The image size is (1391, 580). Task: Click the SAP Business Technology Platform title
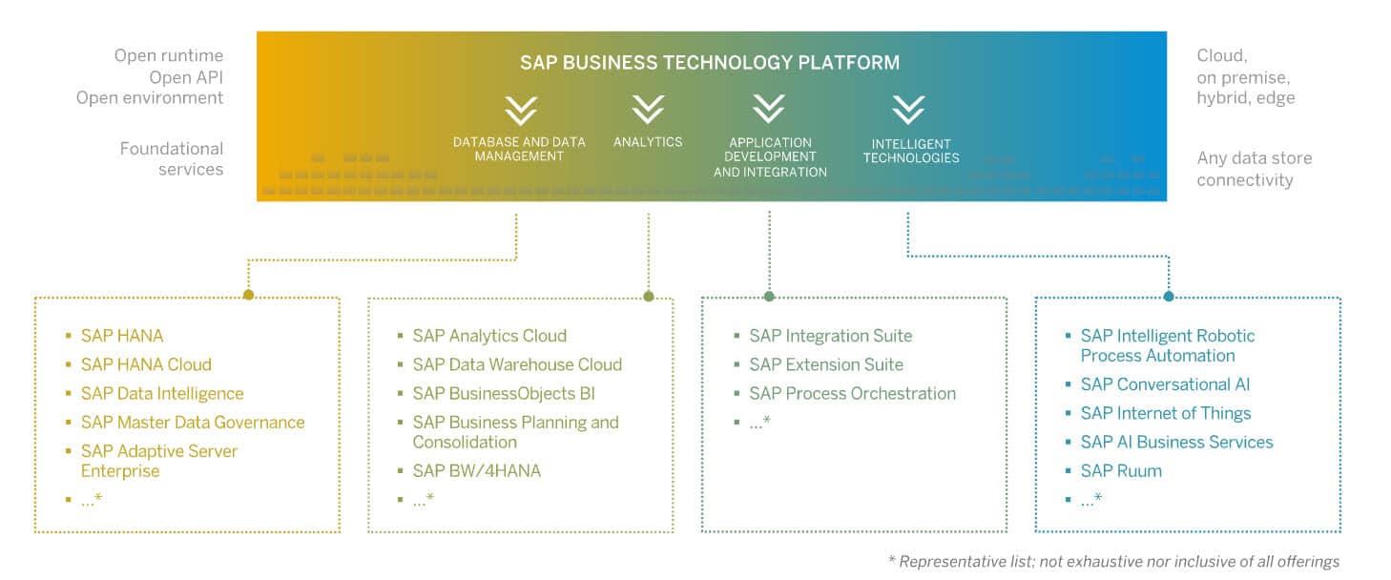click(x=710, y=63)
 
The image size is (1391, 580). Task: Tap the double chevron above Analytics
click(x=648, y=110)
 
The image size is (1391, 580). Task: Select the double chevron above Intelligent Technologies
click(x=908, y=110)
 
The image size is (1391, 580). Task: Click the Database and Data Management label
click(x=519, y=149)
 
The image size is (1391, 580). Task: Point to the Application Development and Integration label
click(x=770, y=157)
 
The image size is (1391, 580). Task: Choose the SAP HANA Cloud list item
click(x=146, y=364)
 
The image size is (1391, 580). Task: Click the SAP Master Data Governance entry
click(x=193, y=423)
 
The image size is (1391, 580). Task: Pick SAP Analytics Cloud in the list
click(x=489, y=336)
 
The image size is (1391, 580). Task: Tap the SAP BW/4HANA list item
click(x=476, y=470)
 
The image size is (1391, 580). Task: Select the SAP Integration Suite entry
click(x=830, y=336)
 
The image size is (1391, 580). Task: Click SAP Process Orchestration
click(x=852, y=394)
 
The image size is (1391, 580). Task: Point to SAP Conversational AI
click(x=1165, y=384)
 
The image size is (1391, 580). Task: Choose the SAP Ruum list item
click(x=1121, y=470)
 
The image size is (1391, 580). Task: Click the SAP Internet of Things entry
click(x=1166, y=414)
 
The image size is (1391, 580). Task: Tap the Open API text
click(x=186, y=77)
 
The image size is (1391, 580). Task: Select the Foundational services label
click(x=172, y=159)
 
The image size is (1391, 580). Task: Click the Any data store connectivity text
click(x=1255, y=169)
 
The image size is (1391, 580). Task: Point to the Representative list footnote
click(x=1114, y=561)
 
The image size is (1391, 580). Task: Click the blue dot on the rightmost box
click(x=1169, y=297)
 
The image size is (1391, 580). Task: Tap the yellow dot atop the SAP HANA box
click(x=248, y=295)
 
